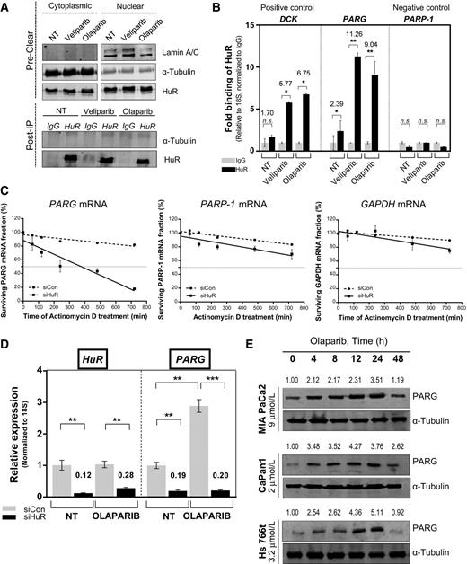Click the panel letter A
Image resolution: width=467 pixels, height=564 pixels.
click(x=7, y=8)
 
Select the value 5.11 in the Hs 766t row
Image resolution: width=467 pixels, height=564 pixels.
click(x=410, y=515)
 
